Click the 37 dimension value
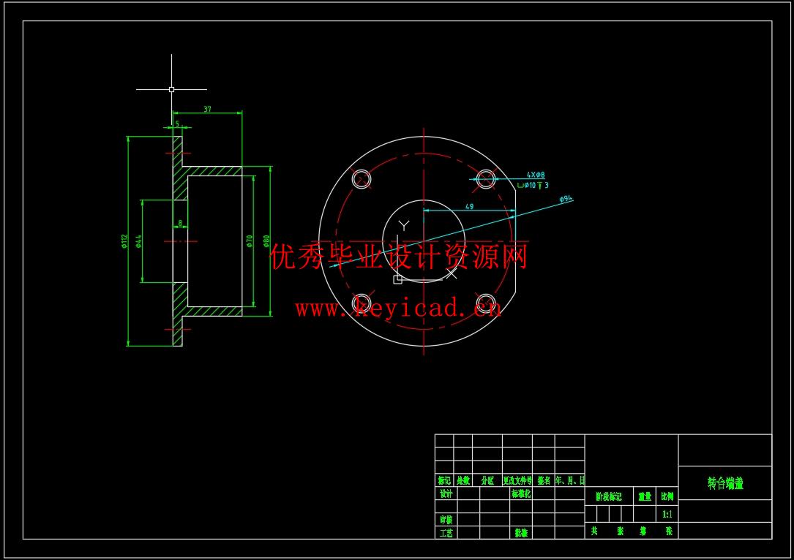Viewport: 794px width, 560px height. click(x=207, y=109)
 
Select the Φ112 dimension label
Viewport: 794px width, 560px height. click(x=124, y=241)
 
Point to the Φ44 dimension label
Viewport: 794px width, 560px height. click(x=138, y=241)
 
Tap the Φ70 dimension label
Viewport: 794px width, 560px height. click(x=250, y=241)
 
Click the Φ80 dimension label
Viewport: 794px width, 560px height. click(x=266, y=241)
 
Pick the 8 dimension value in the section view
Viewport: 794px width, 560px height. click(x=180, y=224)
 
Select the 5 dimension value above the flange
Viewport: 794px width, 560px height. click(x=177, y=124)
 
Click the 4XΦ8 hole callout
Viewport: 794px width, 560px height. click(x=536, y=175)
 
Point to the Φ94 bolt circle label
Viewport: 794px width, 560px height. click(x=566, y=199)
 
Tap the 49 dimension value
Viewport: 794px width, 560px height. click(x=469, y=207)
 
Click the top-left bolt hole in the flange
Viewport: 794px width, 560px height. click(x=362, y=178)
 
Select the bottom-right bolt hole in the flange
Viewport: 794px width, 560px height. click(x=486, y=302)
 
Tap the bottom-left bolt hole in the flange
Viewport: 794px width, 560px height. click(x=362, y=302)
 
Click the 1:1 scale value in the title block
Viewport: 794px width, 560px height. click(x=667, y=514)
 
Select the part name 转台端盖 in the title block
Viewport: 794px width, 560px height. click(x=725, y=483)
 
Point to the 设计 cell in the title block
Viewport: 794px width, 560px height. click(x=446, y=493)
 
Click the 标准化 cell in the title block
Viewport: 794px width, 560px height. click(x=521, y=493)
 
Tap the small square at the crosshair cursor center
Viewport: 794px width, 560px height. click(x=171, y=89)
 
